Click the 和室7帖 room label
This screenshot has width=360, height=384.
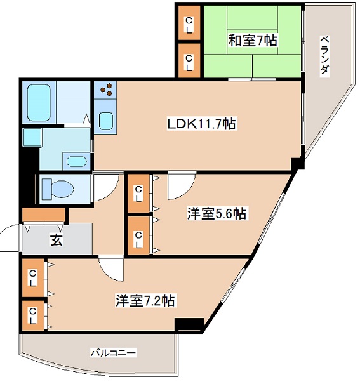point(252,41)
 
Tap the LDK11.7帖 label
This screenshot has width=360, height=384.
point(201,124)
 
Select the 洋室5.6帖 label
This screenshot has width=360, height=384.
point(216,214)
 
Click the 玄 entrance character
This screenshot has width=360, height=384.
point(56,241)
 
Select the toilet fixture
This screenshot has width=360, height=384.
point(58,189)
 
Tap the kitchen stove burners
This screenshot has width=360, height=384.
point(105,91)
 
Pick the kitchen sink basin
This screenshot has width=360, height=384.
point(105,119)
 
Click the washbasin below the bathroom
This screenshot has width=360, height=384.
point(76,161)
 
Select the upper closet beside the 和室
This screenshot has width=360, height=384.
point(189,25)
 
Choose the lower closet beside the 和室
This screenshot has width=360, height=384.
point(189,62)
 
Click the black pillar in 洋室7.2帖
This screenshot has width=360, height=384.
point(189,324)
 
